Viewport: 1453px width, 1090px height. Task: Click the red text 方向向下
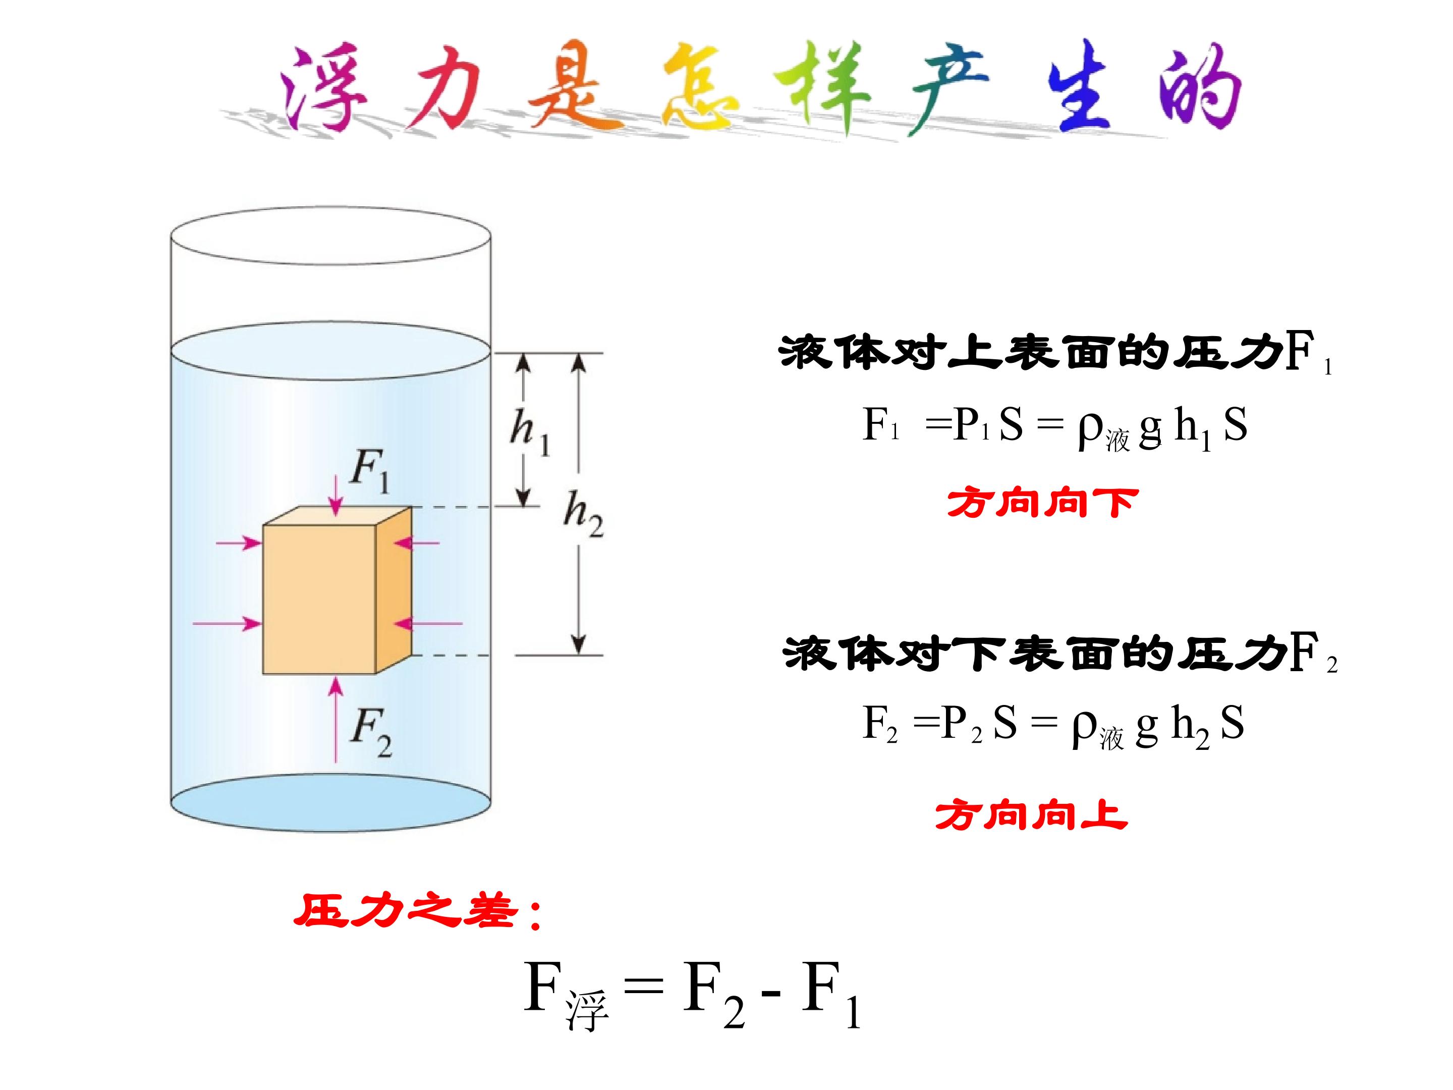point(1042,503)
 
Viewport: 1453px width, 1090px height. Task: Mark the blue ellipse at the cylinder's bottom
point(330,803)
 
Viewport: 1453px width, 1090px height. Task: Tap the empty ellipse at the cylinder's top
point(330,237)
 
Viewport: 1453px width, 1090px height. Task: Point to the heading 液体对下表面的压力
point(1035,653)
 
